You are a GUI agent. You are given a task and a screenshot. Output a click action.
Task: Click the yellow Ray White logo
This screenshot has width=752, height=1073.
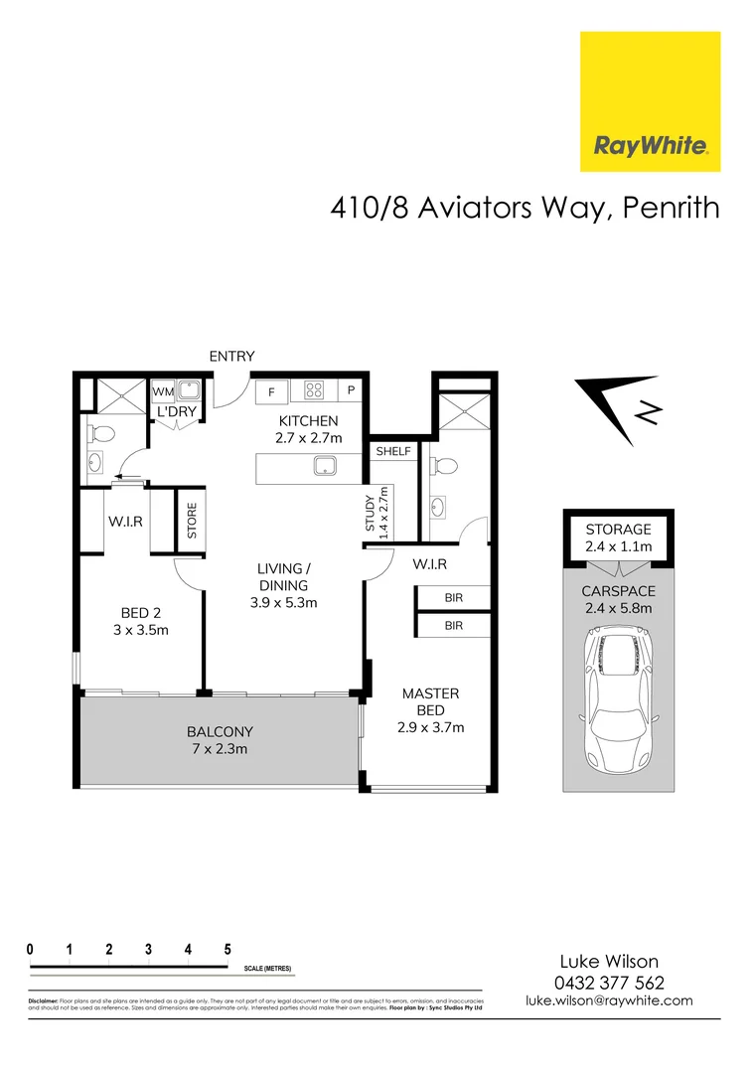click(650, 101)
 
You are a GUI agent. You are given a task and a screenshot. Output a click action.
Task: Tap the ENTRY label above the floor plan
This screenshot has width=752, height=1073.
click(231, 356)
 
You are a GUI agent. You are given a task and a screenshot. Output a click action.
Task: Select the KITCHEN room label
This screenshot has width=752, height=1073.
click(309, 420)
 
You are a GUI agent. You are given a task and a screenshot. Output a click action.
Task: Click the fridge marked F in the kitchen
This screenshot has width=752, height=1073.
click(271, 391)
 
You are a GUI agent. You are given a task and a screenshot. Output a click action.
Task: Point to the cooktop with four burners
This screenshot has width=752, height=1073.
click(314, 390)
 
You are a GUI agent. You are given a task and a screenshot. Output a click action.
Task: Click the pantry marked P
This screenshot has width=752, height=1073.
click(351, 391)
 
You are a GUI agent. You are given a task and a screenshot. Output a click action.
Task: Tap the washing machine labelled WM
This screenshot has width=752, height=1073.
click(162, 390)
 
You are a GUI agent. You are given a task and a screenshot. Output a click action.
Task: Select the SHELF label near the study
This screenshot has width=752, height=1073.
click(392, 451)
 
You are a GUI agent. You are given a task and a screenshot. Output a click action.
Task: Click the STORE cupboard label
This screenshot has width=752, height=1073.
click(192, 521)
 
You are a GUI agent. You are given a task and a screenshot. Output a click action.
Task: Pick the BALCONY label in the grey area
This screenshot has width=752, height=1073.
click(220, 731)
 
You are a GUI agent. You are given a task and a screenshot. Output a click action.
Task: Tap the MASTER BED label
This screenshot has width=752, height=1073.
click(430, 701)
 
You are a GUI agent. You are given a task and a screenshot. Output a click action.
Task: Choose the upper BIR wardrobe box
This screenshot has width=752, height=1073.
click(453, 598)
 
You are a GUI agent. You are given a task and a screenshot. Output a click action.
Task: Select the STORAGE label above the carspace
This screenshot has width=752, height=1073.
click(618, 530)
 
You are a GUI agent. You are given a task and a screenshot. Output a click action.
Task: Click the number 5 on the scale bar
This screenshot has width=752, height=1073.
click(227, 949)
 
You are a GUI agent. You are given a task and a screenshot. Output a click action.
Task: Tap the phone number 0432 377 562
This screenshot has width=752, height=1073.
click(609, 983)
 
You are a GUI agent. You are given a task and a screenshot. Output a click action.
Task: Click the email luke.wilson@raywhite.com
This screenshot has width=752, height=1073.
click(609, 1001)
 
